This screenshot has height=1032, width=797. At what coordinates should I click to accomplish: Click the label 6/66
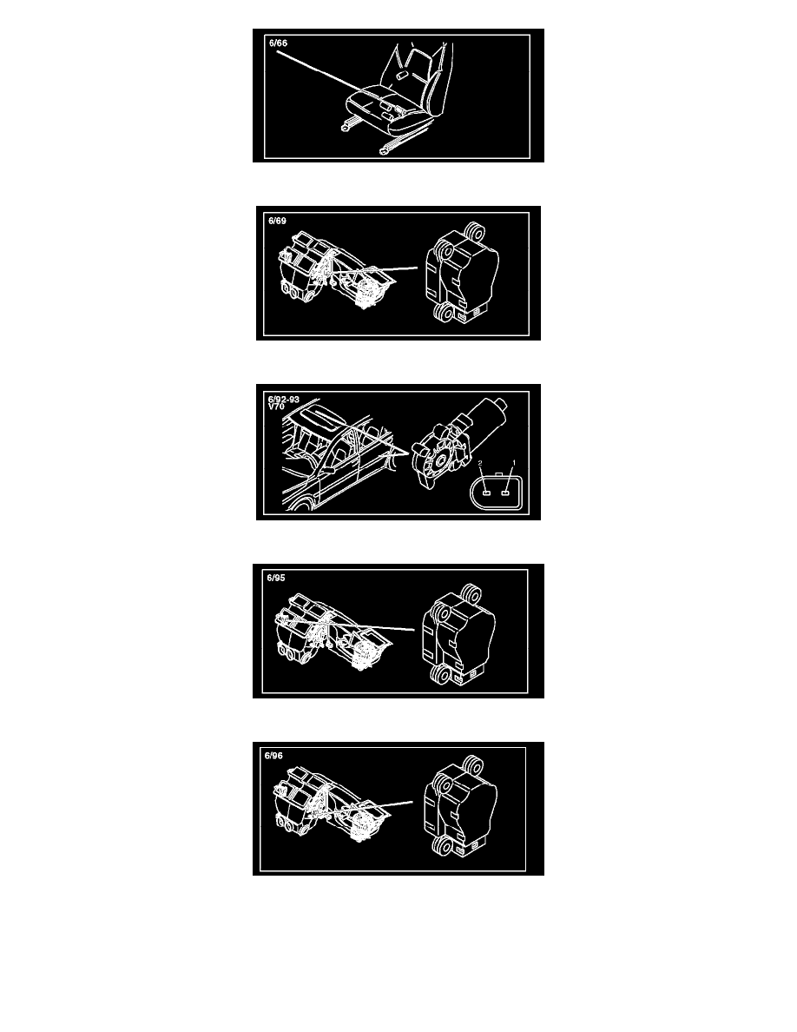click(x=278, y=43)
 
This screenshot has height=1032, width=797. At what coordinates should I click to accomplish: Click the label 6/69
click(x=278, y=222)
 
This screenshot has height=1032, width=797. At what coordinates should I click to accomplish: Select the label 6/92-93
click(x=283, y=399)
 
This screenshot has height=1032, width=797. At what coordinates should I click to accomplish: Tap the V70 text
click(x=276, y=407)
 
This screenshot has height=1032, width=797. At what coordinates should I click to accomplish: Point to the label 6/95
click(x=276, y=578)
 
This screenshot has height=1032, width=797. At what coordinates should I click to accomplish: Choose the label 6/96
click(x=273, y=756)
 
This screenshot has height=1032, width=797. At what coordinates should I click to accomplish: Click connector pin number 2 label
click(x=481, y=464)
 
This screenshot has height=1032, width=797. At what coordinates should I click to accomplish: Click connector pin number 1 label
click(x=514, y=463)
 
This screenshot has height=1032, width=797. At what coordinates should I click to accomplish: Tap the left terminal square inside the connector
click(x=485, y=493)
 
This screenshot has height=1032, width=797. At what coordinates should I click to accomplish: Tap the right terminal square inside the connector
click(x=505, y=493)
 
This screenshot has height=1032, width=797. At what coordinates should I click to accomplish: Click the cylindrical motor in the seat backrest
click(x=400, y=77)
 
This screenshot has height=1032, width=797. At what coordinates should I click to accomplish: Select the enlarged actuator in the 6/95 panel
click(x=458, y=634)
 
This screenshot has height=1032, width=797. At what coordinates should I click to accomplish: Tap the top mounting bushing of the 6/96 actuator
click(x=472, y=765)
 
